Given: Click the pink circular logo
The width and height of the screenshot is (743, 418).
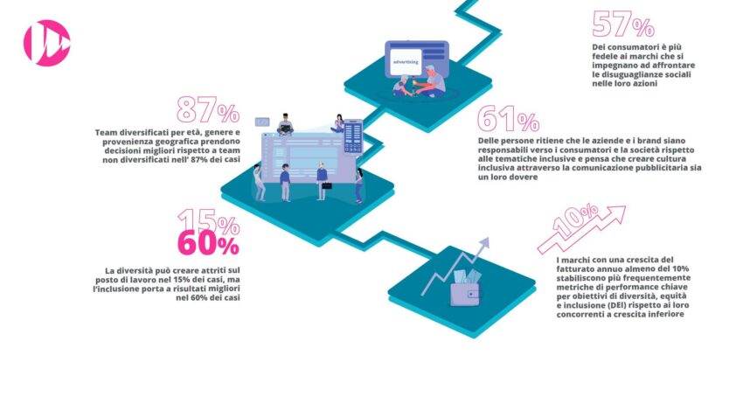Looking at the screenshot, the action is point(47,43).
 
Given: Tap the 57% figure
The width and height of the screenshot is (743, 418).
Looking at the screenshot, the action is point(623,24).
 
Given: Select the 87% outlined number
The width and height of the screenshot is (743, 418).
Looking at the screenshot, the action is point(208,110).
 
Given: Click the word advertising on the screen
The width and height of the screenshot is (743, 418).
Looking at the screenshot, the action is point(406,61).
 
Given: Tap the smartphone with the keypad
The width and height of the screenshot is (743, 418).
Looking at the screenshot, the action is point(353,136).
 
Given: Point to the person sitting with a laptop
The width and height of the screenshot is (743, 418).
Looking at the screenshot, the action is point(285,125).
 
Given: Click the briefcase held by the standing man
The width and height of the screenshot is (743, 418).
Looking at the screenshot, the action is point(327,185).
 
